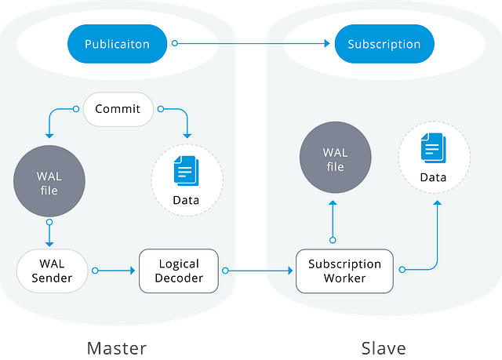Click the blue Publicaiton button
click(x=117, y=44)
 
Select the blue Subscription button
click(x=384, y=44)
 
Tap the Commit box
click(x=118, y=109)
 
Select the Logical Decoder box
click(x=179, y=271)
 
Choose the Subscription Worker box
click(x=344, y=271)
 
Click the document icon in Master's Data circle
click(x=186, y=169)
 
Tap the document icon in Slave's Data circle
click(x=433, y=147)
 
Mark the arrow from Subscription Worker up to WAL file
click(x=333, y=220)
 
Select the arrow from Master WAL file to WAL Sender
click(x=49, y=234)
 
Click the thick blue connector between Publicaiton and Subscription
click(x=251, y=44)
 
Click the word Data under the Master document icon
click(x=186, y=200)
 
